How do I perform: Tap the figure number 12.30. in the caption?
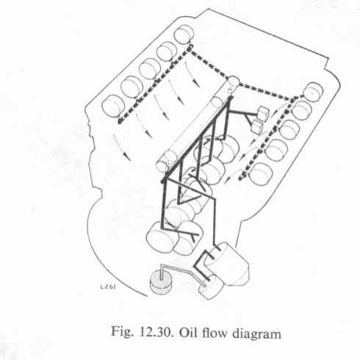click(156, 333)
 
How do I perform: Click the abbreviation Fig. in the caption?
click(123, 333)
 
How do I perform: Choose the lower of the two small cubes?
click(256, 126)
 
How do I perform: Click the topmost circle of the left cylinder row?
click(184, 35)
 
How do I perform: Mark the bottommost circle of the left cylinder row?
click(113, 105)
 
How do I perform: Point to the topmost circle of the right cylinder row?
click(313, 91)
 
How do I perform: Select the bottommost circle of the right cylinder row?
click(261, 174)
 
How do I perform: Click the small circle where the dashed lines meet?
click(233, 81)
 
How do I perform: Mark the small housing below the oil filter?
click(211, 287)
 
